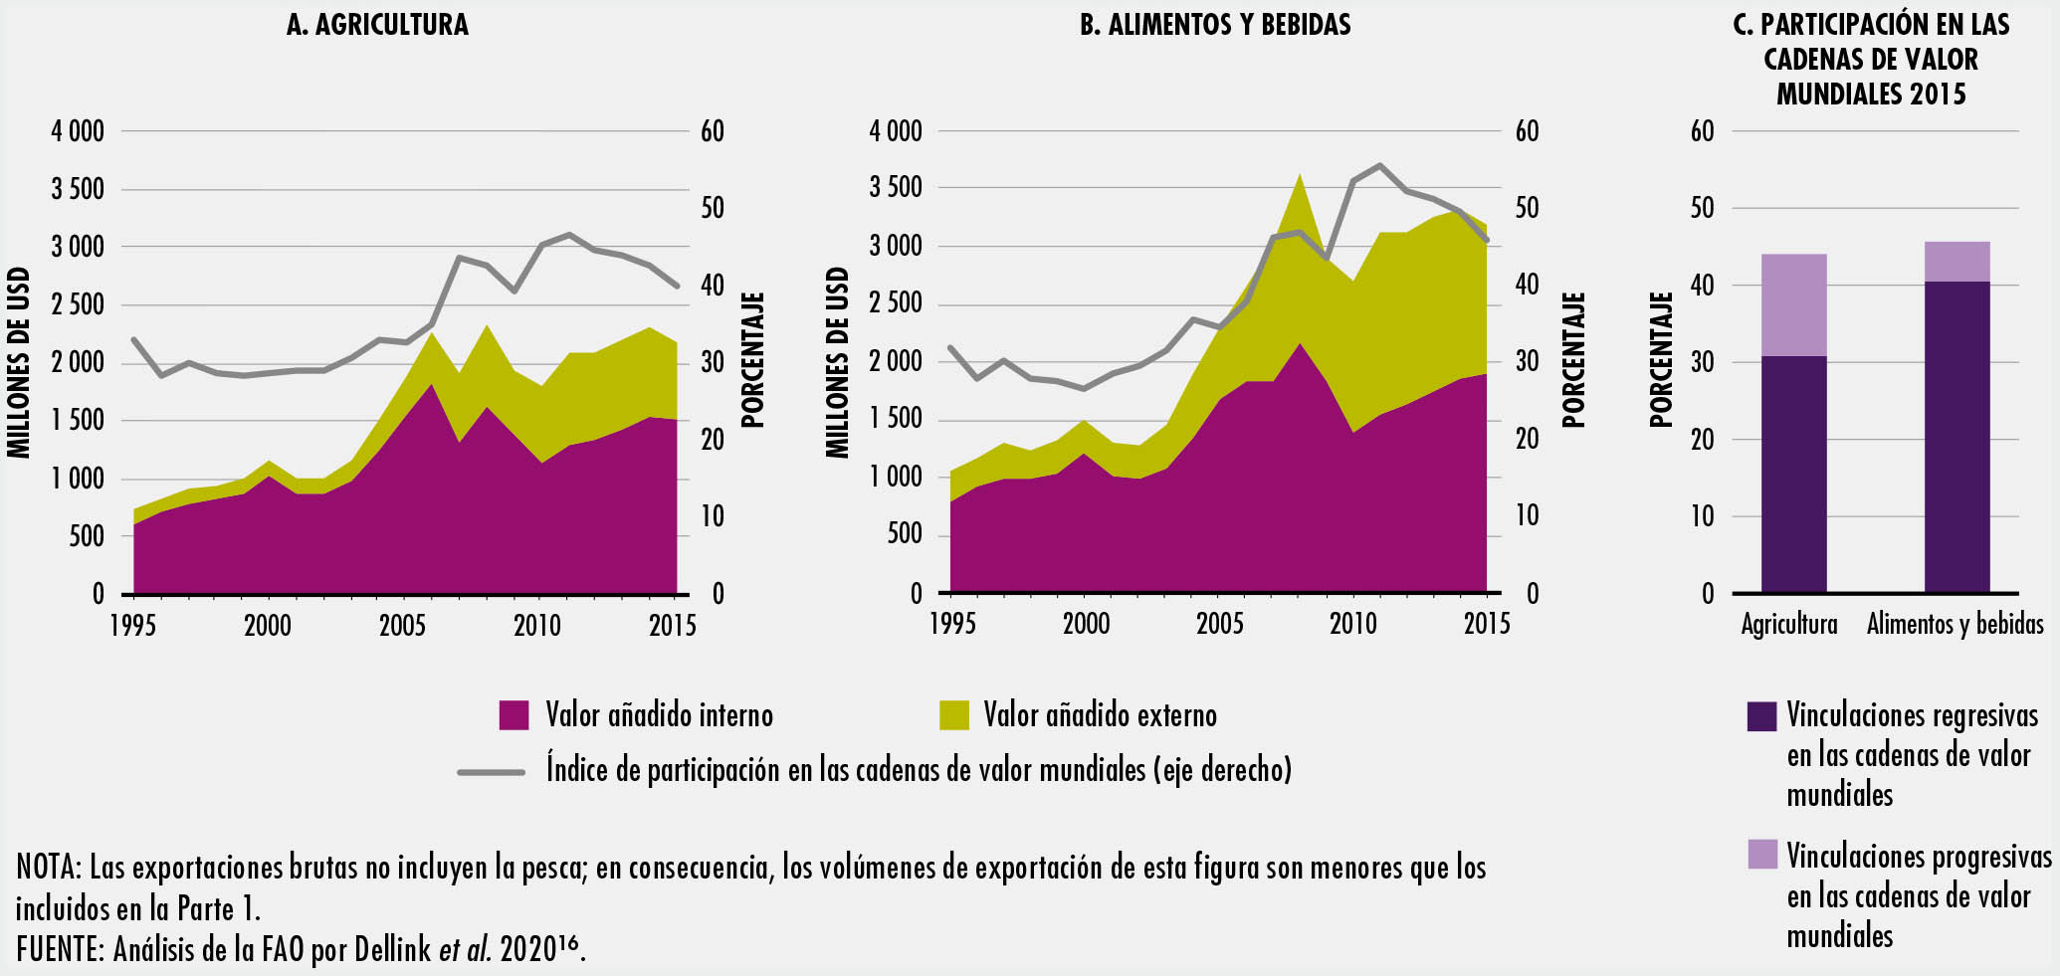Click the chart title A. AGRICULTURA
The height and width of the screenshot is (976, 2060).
pos(377,25)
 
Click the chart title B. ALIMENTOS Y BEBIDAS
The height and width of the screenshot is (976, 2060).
pos(1215,25)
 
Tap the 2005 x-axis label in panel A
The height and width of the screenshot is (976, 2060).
pos(402,626)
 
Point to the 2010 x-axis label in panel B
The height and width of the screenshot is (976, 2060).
pos(1353,624)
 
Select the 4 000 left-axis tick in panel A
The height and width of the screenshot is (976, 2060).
pos(78,131)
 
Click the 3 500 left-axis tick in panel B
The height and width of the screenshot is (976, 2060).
pos(896,188)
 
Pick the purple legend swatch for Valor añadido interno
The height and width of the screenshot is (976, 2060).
pos(514,715)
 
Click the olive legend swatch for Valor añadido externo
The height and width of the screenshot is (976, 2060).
pos(953,715)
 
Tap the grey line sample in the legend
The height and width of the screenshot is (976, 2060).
pos(491,771)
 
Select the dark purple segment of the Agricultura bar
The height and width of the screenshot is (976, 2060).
pos(1793,475)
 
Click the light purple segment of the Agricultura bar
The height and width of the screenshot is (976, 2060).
pos(1793,304)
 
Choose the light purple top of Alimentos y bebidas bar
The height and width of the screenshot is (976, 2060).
pos(1957,262)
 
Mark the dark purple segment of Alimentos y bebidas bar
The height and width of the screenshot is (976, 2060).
pos(1957,438)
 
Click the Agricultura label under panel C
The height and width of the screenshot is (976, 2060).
pos(1789,625)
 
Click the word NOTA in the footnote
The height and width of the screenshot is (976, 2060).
pos(47,868)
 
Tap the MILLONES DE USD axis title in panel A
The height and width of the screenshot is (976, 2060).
pos(19,362)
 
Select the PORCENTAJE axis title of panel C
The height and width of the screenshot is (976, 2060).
pos(1661,360)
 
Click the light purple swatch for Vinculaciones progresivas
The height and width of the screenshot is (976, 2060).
pos(1762,855)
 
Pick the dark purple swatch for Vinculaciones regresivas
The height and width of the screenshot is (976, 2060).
pos(1762,716)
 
